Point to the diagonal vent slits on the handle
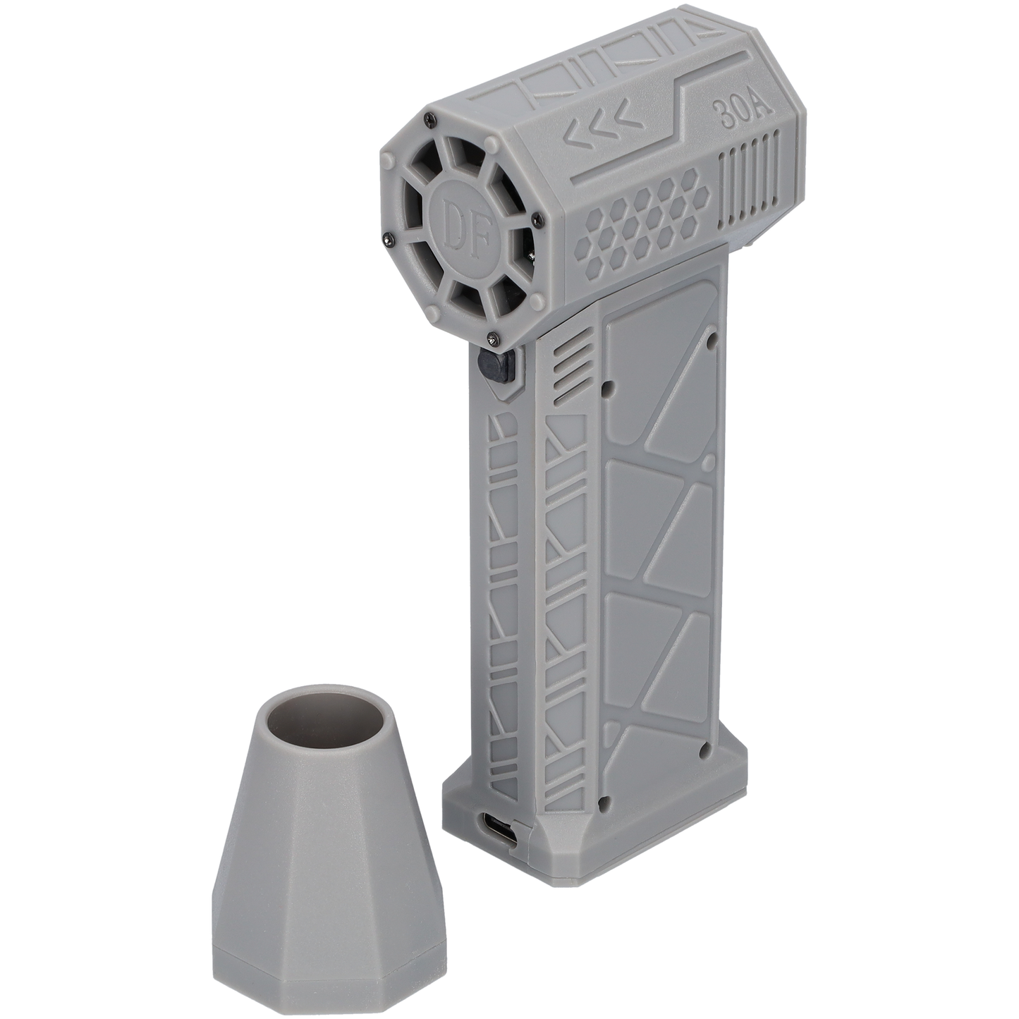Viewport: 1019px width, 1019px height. coord(570,373)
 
